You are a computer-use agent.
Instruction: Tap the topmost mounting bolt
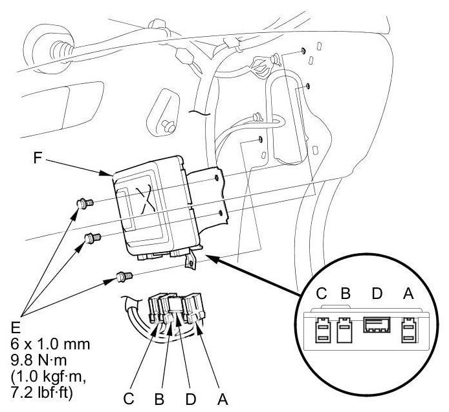(83, 205)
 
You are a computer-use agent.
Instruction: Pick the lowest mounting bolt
(122, 277)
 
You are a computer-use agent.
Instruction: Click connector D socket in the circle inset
(376, 324)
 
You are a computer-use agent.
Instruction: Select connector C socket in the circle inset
(322, 331)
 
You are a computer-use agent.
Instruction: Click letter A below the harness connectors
(223, 398)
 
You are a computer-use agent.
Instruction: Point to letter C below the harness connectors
(129, 398)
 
